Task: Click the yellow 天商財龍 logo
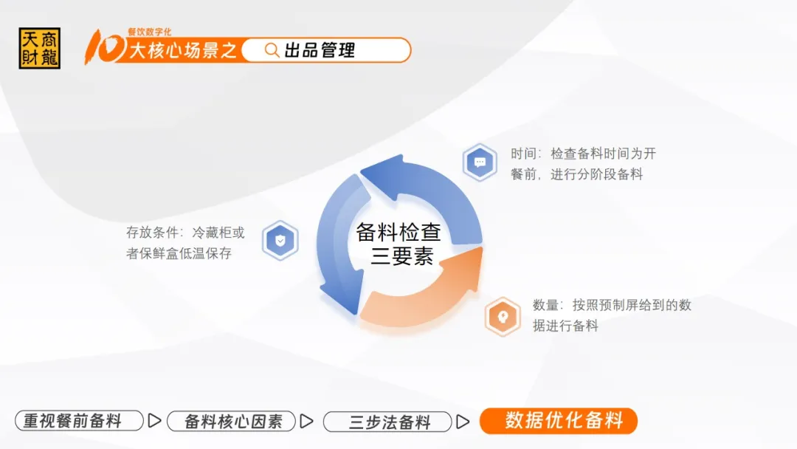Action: (40, 48)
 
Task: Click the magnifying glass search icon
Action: (272, 50)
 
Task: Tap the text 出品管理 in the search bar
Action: (320, 50)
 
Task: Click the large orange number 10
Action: (105, 47)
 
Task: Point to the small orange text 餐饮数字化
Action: (149, 32)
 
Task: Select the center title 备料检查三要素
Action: (398, 244)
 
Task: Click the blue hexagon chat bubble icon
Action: (480, 162)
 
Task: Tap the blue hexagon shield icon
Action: (280, 241)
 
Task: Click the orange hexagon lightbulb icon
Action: (503, 317)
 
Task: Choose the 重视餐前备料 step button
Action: (79, 421)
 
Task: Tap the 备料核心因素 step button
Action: (231, 422)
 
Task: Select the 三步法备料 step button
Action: (387, 422)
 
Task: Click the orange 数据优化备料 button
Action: (558, 421)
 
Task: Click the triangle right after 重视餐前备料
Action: (154, 421)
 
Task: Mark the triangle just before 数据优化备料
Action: (463, 422)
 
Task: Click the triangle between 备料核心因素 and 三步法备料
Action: (306, 422)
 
